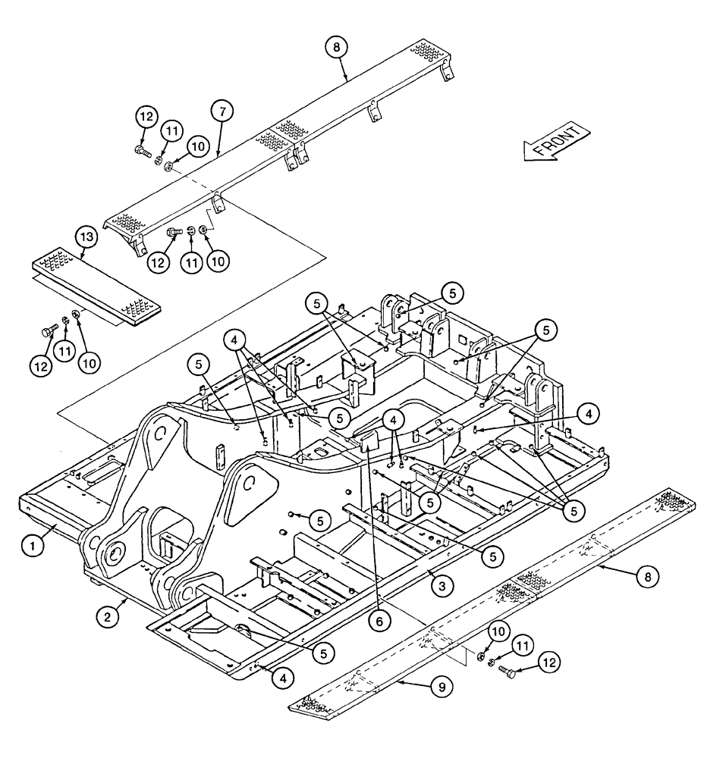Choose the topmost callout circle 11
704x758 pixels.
[x=171, y=131]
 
